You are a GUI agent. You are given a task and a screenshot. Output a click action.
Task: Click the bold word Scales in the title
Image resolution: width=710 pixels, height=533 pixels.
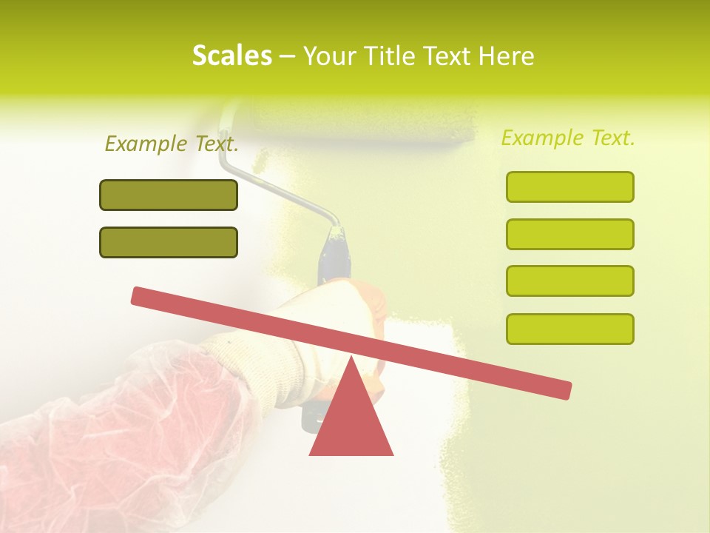231,56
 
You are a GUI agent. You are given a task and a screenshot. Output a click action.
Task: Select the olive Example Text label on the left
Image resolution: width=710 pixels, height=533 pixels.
172,144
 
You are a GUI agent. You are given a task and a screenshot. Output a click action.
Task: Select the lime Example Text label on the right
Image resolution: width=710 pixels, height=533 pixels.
568,138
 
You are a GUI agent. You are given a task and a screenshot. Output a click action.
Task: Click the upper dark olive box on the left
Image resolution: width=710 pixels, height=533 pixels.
169,195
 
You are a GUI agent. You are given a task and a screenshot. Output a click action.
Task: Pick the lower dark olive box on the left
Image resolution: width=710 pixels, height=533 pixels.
169,243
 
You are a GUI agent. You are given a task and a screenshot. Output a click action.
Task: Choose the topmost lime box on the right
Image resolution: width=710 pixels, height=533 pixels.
570,187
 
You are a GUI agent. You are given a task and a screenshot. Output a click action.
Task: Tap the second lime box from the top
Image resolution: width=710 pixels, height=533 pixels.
570,235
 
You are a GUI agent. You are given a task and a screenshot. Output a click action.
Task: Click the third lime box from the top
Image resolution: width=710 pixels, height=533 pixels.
570,281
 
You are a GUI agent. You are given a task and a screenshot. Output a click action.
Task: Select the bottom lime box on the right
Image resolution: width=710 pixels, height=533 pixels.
570,329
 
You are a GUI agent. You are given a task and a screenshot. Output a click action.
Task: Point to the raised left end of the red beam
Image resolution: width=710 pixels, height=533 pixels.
141,296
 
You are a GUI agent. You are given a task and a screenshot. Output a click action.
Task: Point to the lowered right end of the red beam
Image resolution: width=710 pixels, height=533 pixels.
562,389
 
